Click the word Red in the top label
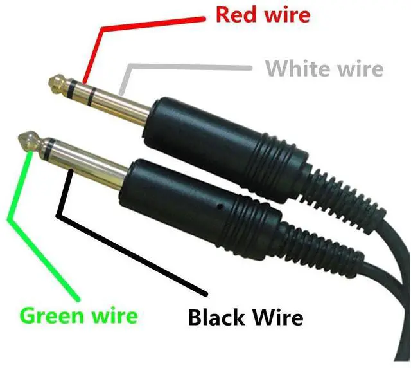[x=234, y=14]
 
